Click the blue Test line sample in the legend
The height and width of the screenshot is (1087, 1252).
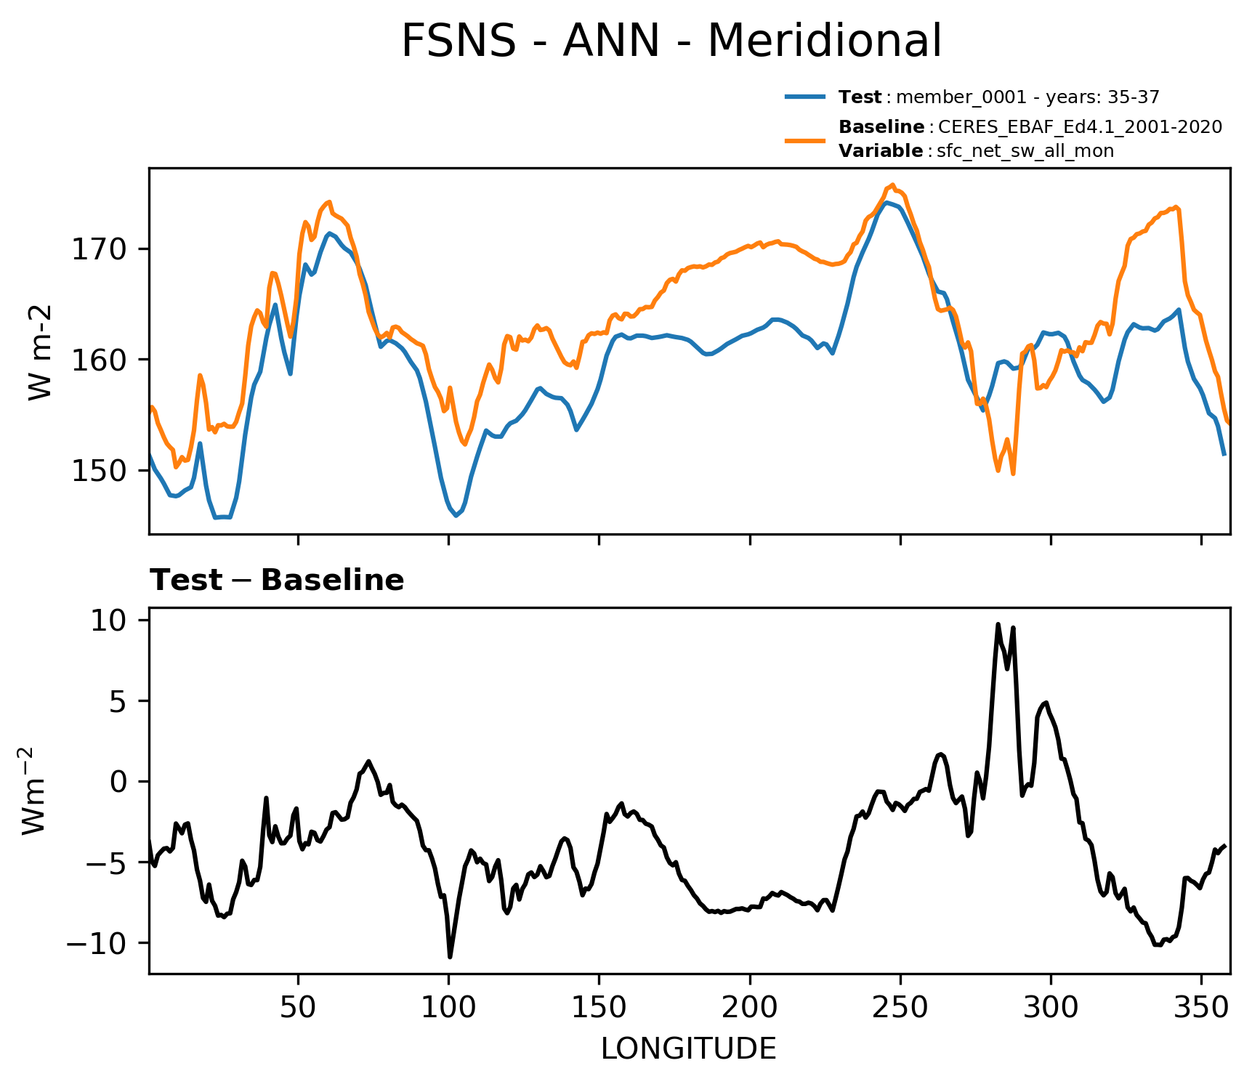(x=805, y=97)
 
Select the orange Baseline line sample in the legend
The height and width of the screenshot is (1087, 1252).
(x=805, y=140)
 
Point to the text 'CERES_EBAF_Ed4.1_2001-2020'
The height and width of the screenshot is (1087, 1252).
(x=1080, y=127)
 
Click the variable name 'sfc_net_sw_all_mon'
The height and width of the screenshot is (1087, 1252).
(x=1025, y=151)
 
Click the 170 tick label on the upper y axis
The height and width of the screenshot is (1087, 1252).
(x=99, y=250)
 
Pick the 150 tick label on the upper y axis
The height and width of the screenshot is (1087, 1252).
(x=99, y=471)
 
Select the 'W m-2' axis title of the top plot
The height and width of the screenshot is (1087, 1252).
(x=41, y=353)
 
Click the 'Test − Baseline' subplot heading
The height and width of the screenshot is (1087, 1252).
(x=277, y=581)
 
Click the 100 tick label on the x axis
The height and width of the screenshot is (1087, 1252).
(x=448, y=1008)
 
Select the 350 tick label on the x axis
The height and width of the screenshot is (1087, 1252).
(x=1201, y=1008)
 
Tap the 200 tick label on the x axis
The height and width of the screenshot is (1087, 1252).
(x=749, y=1008)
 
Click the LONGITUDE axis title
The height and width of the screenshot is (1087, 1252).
(x=688, y=1049)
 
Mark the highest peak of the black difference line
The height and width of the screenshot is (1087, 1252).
(x=998, y=624)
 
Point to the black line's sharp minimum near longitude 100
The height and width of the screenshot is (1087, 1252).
(x=450, y=956)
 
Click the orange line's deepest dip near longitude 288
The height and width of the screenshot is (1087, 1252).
(x=1013, y=474)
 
